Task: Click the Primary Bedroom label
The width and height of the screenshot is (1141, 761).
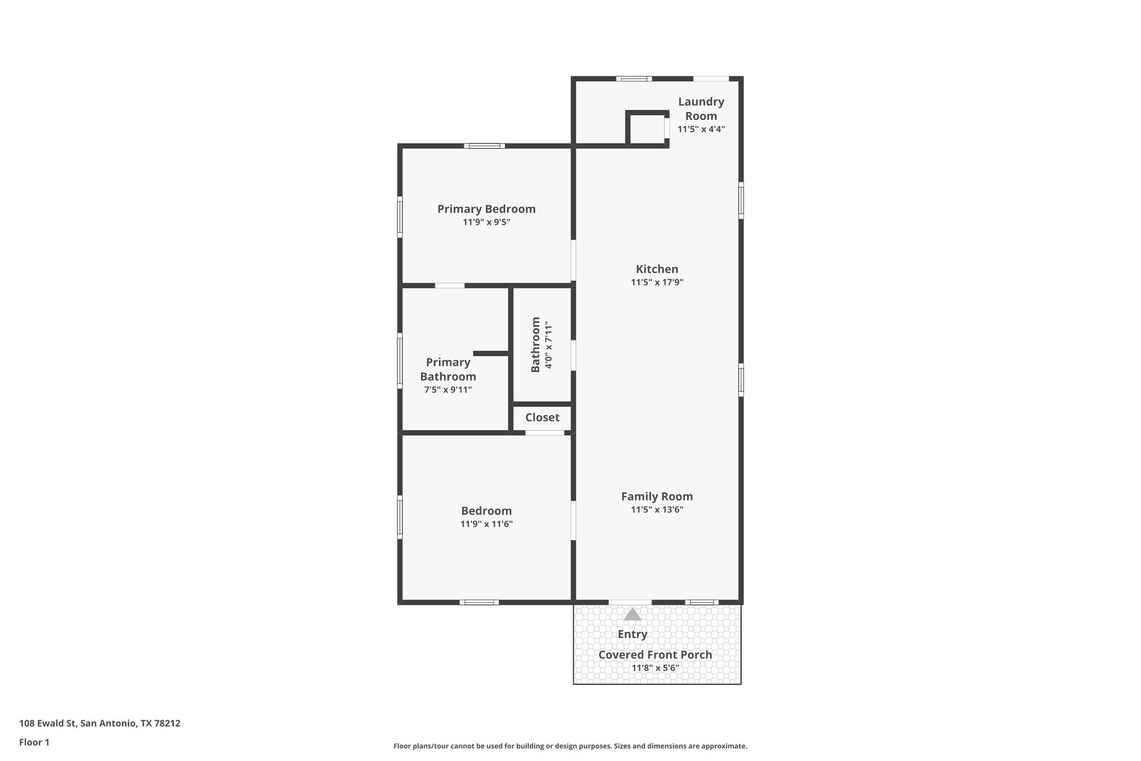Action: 486,209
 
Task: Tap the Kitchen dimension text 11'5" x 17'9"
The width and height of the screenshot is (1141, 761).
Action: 657,282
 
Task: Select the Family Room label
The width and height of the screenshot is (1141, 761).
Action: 657,496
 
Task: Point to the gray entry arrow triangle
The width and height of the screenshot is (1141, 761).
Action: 632,614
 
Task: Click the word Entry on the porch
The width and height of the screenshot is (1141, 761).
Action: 632,634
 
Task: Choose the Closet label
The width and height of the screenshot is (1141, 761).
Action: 542,418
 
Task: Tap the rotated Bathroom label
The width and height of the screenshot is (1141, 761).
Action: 535,345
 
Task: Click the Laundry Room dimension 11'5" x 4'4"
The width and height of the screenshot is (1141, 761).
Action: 701,129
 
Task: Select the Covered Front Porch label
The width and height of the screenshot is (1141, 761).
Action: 655,655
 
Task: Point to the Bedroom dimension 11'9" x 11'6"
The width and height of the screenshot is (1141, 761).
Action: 486,524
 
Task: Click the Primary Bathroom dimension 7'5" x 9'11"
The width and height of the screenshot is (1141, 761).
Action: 448,390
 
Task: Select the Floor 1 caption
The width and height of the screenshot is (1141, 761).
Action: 34,742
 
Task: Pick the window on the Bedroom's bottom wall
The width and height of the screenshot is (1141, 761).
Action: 479,602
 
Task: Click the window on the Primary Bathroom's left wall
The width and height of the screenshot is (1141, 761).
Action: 399,361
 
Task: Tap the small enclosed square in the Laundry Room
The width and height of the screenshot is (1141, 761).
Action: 647,129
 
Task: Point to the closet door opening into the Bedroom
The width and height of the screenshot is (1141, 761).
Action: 545,433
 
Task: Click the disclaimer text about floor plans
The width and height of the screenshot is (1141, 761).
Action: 570,746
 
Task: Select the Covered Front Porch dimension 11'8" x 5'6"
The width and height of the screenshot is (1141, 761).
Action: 655,668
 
